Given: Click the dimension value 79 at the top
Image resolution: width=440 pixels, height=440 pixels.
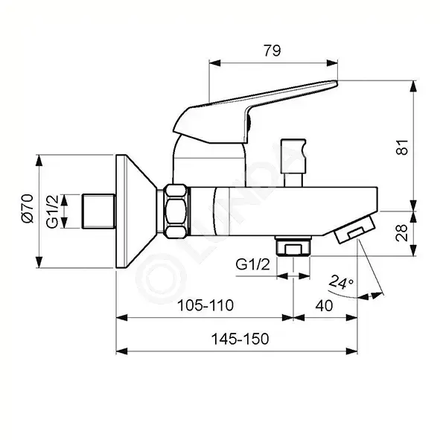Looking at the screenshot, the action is click(272, 51).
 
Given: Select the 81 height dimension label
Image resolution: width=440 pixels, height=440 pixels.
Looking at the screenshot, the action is click(402, 147).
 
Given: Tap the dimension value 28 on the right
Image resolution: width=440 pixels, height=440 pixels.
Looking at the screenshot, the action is click(402, 232).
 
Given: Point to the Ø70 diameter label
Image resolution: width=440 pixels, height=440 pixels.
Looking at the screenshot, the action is click(28, 208).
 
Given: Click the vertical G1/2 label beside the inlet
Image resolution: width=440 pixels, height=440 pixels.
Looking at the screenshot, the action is click(52, 211).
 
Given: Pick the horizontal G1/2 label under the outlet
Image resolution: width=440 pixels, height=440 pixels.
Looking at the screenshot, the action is click(253, 264).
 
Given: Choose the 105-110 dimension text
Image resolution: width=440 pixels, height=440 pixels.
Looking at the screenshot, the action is click(205, 305).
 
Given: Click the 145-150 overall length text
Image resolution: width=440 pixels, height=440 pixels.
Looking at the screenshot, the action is click(240, 339).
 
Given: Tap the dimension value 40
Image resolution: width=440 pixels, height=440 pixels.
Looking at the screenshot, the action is click(324, 305).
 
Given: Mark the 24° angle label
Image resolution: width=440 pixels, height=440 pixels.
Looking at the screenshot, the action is click(341, 282).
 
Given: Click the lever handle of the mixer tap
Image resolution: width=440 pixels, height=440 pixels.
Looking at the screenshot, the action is click(254, 112).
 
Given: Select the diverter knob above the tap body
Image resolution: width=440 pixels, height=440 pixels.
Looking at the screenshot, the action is click(293, 162).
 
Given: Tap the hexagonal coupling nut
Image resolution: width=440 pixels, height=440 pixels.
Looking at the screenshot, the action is click(176, 211).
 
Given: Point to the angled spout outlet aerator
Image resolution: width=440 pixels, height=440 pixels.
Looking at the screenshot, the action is click(355, 229).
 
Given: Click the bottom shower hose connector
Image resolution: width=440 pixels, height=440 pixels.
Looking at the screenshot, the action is click(293, 246).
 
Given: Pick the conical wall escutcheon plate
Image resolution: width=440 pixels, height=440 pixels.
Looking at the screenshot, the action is click(136, 211).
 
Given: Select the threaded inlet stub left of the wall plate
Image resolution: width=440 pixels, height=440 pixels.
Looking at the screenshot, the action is click(99, 211).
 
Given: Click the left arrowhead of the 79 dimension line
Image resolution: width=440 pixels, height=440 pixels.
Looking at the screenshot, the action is click(214, 63).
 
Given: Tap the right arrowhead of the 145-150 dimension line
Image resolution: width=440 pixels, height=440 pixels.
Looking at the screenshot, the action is click(352, 351).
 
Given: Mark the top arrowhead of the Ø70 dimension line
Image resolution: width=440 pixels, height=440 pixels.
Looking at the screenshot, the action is click(39, 160).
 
